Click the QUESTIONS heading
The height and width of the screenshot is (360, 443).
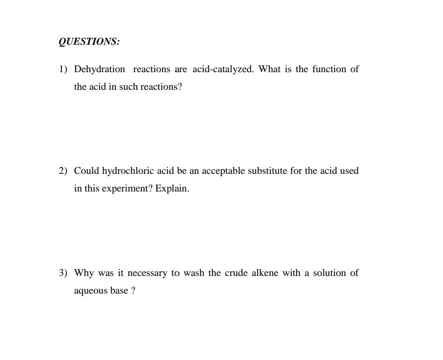pos(89,42)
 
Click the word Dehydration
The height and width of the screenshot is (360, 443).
pos(100,69)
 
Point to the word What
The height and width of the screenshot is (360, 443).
pos(270,69)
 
